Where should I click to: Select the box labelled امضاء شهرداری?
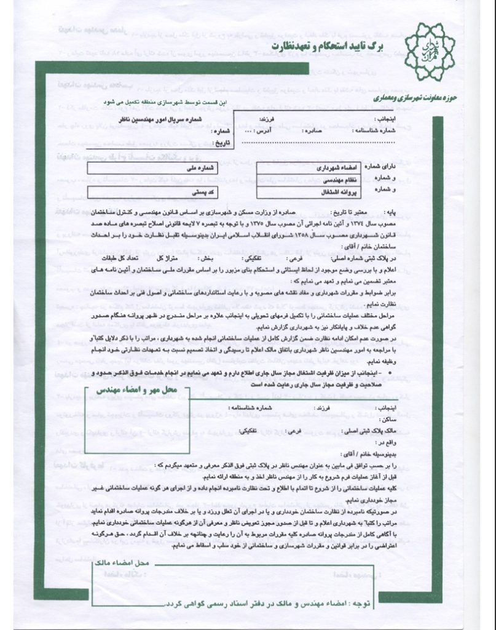click(296, 167)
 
